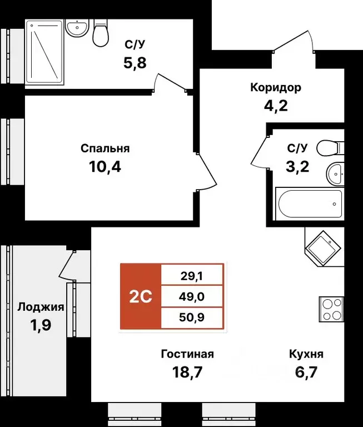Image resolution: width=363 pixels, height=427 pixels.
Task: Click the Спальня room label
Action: (x=105, y=148)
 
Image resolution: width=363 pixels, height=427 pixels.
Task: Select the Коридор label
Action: (x=276, y=87)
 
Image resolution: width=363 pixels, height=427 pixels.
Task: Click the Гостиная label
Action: (x=187, y=354)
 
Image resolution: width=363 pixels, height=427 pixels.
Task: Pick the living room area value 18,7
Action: (x=187, y=371)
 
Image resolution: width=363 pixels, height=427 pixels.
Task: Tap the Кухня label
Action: (x=306, y=354)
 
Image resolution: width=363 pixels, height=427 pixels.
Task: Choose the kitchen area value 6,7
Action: (x=306, y=371)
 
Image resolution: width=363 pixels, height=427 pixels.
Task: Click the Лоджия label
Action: (x=41, y=307)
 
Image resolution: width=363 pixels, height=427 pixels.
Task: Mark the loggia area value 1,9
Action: (x=41, y=324)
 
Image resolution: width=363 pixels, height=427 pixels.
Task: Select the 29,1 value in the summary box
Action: (x=192, y=275)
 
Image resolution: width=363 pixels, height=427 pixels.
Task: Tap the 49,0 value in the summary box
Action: (x=192, y=296)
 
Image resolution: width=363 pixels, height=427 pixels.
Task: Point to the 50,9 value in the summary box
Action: (x=192, y=318)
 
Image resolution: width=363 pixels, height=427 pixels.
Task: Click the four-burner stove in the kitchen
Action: (x=331, y=310)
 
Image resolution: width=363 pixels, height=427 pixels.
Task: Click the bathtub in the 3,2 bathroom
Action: (x=309, y=205)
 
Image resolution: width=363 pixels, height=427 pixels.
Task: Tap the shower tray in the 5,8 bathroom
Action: (x=46, y=53)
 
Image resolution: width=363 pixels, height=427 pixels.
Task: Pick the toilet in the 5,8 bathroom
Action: (x=101, y=33)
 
